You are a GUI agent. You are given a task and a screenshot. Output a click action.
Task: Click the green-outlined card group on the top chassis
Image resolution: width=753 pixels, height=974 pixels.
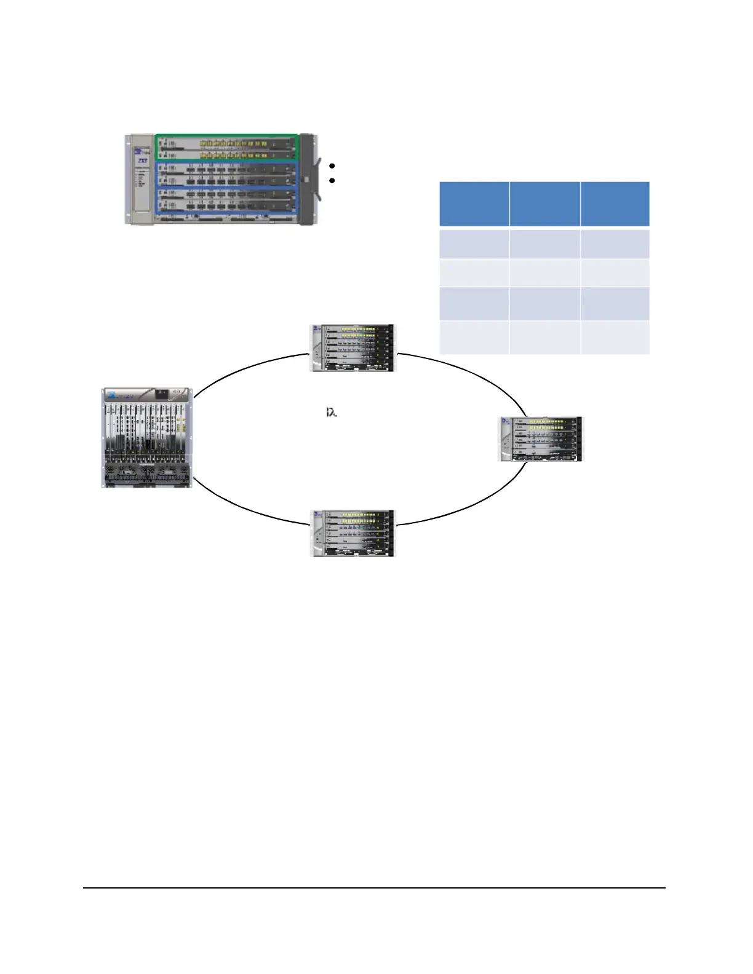point(226,148)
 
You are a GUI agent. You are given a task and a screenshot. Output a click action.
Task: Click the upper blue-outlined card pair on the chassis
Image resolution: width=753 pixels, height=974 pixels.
point(226,173)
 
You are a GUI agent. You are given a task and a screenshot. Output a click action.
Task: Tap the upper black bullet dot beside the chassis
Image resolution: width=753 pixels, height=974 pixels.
point(332,166)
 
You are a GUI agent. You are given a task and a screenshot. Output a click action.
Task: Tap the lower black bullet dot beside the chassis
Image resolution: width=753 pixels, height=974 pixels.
point(332,181)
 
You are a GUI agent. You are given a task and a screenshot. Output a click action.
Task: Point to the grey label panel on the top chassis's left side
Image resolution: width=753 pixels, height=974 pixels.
point(140,178)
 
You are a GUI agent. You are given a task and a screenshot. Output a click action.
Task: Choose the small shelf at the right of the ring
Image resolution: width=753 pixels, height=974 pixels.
point(540,438)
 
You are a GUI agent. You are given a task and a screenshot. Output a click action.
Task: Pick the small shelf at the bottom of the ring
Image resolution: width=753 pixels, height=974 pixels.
point(353,533)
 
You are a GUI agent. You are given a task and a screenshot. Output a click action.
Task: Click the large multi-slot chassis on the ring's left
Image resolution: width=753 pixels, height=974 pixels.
point(147,438)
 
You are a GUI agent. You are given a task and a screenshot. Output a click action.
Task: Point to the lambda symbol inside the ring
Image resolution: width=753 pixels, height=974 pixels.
point(332,412)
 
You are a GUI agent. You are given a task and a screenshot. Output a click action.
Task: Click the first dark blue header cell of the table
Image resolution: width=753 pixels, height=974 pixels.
point(474,204)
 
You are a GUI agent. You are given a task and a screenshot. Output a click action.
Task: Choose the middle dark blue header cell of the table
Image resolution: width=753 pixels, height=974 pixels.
point(544,204)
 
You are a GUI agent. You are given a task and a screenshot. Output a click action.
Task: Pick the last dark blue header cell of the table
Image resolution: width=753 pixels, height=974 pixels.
point(615,204)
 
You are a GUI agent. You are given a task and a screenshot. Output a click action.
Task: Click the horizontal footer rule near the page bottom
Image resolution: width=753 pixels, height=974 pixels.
point(374,887)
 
